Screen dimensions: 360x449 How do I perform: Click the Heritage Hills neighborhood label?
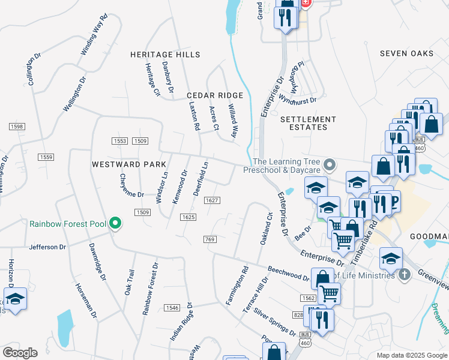pyautogui.click(x=166, y=55)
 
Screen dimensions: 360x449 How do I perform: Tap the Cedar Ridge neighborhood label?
pyautogui.click(x=214, y=95)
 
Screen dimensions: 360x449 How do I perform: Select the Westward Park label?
pyautogui.click(x=124, y=164)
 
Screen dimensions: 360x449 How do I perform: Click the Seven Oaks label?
pyautogui.click(x=406, y=53)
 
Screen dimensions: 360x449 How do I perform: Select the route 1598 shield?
pyautogui.click(x=16, y=127)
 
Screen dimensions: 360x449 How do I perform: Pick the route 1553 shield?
pyautogui.click(x=119, y=141)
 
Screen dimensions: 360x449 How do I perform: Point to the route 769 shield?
pyautogui.click(x=209, y=239)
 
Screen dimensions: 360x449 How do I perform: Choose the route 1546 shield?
pyautogui.click(x=172, y=308)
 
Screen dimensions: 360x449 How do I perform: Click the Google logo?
pyautogui.click(x=20, y=353)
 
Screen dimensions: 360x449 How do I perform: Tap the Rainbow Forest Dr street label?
pyautogui.click(x=150, y=289)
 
